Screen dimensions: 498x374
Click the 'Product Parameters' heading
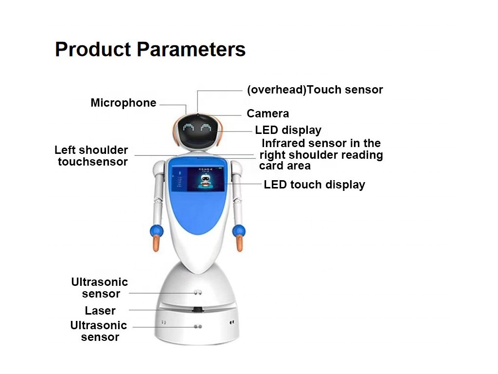tap(150, 50)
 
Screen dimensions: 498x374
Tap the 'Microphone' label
tap(123, 103)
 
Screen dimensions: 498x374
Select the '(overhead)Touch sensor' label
tap(315, 90)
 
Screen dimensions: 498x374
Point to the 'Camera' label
tap(268, 113)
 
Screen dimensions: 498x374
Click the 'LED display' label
tap(288, 130)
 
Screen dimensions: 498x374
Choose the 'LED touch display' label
tap(315, 185)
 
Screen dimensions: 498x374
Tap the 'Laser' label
tap(100, 310)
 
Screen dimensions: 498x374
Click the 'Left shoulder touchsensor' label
tap(91, 156)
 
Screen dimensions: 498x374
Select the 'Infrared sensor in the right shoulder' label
tap(321, 149)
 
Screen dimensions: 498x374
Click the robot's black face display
tap(197, 131)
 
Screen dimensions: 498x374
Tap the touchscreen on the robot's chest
tap(198, 179)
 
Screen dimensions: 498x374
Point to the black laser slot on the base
tap(197, 309)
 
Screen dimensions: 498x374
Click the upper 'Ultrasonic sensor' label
tap(100, 287)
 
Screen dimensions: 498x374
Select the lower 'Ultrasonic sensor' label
tap(99, 331)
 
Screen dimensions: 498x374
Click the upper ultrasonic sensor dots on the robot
tap(198, 292)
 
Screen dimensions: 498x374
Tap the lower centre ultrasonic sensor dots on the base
tap(197, 326)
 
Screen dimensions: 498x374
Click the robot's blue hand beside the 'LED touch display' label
tap(239, 231)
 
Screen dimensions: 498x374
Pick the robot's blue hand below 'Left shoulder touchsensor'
tap(157, 231)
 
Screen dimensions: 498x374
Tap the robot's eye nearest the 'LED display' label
tap(206, 128)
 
